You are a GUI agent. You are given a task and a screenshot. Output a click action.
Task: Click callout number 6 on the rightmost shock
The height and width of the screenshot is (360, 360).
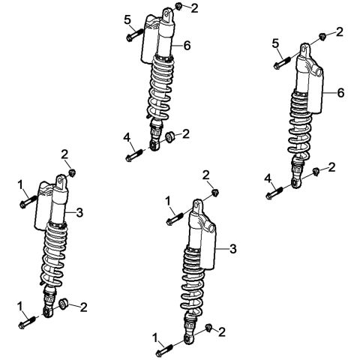pos(341,93)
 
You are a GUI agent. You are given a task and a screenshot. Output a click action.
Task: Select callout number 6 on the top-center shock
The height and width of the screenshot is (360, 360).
pos(187,46)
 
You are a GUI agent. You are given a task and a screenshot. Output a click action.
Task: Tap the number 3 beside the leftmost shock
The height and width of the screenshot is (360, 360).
pos(79,212)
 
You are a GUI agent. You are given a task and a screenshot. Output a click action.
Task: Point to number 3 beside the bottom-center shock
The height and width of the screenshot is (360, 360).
pos(232,248)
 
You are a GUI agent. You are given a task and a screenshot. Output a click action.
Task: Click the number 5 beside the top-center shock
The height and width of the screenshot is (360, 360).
pos(127,19)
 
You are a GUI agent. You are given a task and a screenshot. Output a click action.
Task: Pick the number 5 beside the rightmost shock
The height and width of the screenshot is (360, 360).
pos(275,44)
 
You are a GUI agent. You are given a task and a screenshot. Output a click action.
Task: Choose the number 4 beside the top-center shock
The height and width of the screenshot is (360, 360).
pos(127,137)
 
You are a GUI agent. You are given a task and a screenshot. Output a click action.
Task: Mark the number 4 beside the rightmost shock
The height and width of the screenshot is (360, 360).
pos(267,178)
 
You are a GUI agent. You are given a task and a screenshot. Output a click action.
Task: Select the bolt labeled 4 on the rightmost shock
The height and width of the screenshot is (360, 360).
pos(275,193)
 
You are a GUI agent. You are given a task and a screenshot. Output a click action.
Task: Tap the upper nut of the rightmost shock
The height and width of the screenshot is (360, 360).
pos(320,36)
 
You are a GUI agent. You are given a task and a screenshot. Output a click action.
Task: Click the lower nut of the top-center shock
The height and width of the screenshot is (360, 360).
pos(169,137)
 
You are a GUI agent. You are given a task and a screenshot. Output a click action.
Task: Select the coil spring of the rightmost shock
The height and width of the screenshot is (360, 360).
pos(301,128)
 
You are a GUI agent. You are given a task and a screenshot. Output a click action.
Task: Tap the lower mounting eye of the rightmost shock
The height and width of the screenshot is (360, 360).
pos(297,181)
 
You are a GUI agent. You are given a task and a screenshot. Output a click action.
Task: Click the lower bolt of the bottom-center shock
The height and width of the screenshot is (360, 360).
pos(166,349)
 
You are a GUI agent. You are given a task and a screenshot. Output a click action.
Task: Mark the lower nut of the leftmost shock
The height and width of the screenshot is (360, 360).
pos(64,304)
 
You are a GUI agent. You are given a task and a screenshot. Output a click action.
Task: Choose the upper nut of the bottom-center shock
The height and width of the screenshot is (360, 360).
pos(214,192)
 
